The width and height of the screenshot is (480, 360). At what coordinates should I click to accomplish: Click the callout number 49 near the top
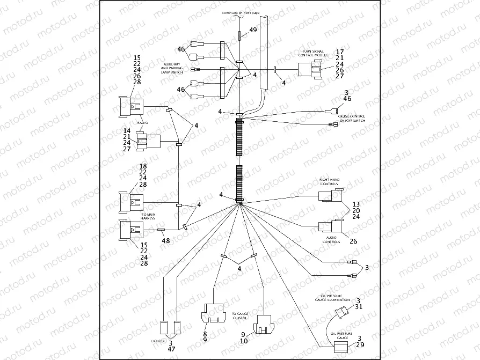[253, 31]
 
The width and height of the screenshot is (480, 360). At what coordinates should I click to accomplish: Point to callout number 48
[165, 241]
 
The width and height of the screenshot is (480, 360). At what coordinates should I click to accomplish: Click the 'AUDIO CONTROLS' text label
[331, 239]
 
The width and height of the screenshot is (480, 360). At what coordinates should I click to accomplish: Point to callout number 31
[359, 307]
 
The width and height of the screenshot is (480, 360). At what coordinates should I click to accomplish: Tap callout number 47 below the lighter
[171, 349]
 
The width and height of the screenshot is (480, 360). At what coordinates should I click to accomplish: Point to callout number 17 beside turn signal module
[339, 52]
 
